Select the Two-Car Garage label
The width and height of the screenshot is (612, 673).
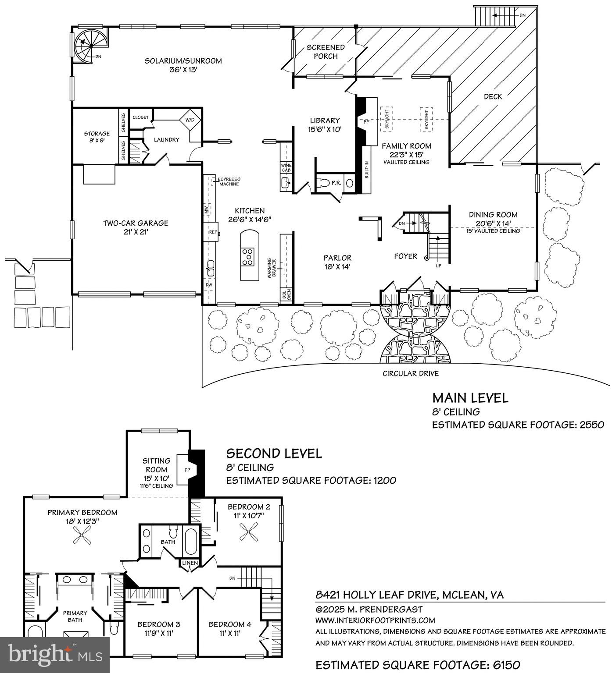(x=136, y=223)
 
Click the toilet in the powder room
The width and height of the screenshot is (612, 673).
(x=324, y=183)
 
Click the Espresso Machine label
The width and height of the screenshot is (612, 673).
(x=229, y=181)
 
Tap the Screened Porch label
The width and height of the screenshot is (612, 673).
(x=326, y=51)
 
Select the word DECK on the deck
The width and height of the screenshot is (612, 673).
(x=493, y=96)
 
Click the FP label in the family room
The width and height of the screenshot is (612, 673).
(x=366, y=122)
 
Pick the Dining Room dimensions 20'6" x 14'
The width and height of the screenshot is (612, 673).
(x=493, y=223)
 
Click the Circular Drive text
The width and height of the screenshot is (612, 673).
(x=410, y=374)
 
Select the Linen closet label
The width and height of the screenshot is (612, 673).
(x=190, y=563)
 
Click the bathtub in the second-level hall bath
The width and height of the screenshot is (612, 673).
(x=191, y=542)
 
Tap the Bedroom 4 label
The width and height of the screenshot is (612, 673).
(x=230, y=624)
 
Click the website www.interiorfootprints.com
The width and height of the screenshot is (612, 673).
(x=375, y=620)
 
